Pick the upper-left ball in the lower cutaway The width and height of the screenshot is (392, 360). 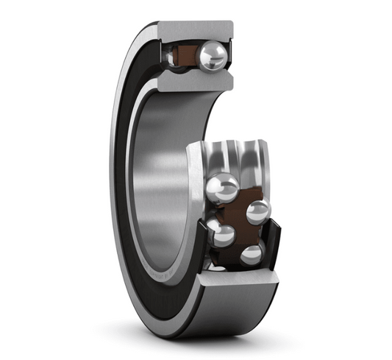coord(222,187)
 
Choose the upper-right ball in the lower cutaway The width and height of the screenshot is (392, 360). coord(257,212)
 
